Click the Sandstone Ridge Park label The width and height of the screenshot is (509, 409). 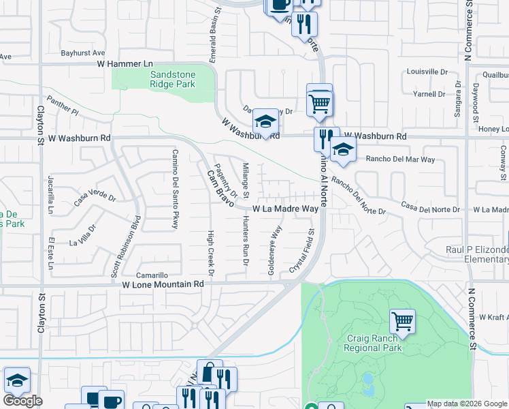[172, 79]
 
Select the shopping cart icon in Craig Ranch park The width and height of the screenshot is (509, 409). [402, 320]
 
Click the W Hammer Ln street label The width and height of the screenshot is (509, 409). [126, 63]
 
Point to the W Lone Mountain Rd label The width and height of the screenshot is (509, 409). [163, 284]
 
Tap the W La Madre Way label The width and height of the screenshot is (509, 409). [286, 209]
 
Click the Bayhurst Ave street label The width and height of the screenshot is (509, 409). [83, 52]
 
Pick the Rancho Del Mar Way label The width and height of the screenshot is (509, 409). [400, 160]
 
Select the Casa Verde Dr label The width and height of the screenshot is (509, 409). [90, 198]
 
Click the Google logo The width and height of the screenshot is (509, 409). [22, 401]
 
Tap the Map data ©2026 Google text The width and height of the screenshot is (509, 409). [467, 404]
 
